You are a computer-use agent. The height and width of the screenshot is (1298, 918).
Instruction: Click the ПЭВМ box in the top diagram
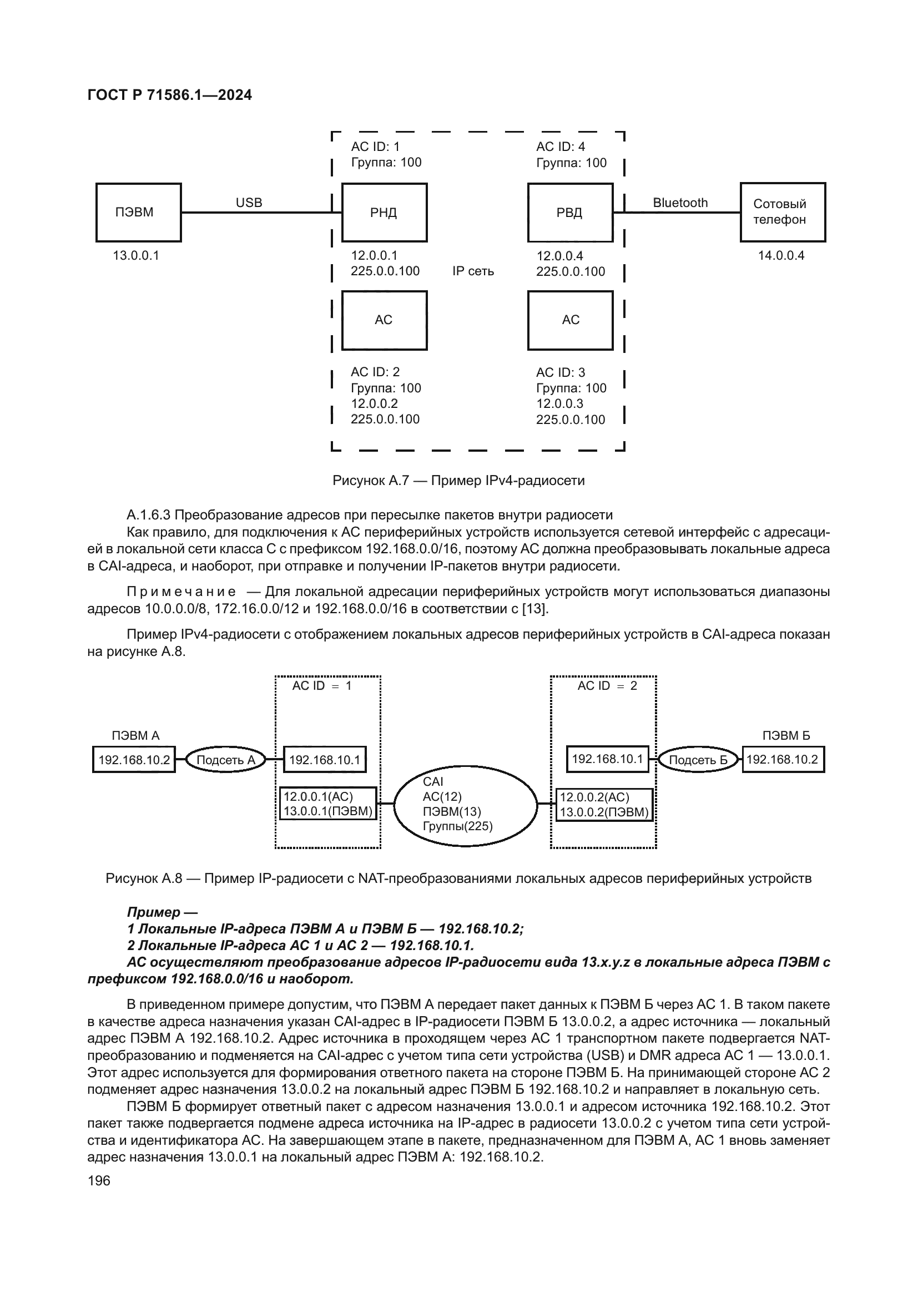point(139,213)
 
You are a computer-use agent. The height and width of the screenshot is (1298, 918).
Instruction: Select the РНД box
point(385,213)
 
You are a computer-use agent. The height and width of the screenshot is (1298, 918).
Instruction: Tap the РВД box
point(570,213)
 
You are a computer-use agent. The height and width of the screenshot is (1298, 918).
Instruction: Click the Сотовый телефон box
point(783,213)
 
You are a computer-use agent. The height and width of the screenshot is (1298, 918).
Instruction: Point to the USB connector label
point(249,203)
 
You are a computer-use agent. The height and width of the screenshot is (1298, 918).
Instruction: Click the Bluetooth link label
point(680,203)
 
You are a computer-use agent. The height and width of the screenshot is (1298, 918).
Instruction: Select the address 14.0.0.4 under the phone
point(781,255)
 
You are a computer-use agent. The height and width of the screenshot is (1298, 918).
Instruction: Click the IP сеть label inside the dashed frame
point(472,271)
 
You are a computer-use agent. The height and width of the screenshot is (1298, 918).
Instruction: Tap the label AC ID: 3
point(560,372)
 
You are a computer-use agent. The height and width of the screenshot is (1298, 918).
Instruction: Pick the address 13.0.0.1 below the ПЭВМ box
point(135,255)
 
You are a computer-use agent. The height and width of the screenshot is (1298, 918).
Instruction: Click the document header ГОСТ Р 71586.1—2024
point(170,95)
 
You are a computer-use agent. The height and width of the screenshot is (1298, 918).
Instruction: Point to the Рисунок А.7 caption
point(458,481)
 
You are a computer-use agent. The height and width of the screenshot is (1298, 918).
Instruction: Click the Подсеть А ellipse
point(225,760)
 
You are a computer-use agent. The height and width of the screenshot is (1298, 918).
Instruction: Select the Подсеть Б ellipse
point(698,760)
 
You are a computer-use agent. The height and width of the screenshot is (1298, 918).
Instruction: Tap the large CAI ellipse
point(465,805)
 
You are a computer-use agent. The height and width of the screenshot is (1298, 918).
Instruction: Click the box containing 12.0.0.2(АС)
point(604,805)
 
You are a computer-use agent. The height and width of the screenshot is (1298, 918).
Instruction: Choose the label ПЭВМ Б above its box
point(786,735)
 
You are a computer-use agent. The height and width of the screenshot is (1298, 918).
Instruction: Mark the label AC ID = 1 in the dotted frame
point(322,686)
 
